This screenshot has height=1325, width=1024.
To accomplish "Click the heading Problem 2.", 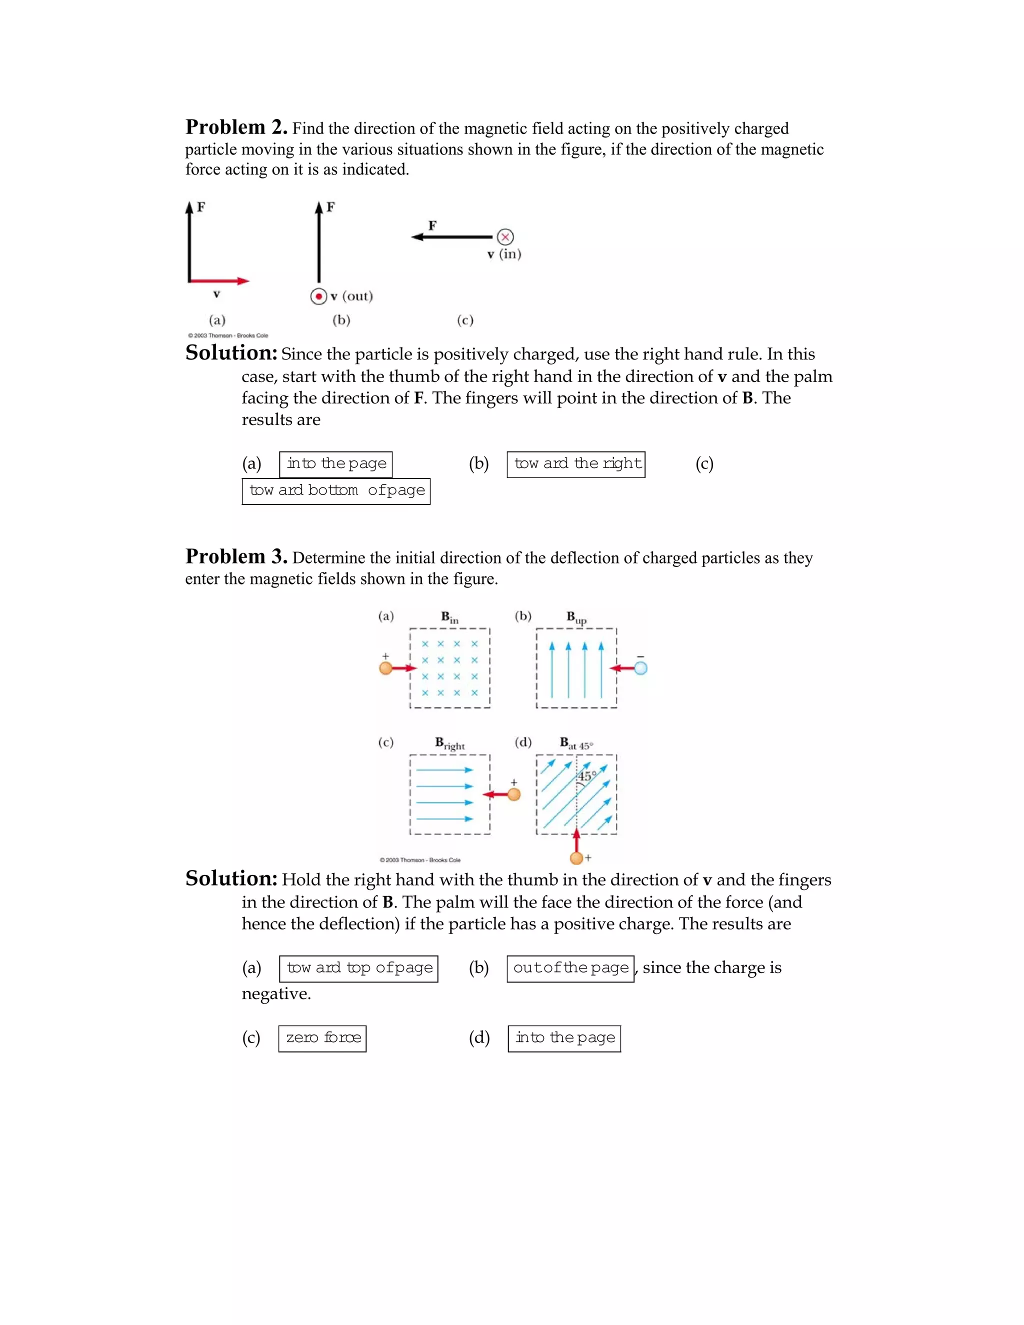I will tap(236, 127).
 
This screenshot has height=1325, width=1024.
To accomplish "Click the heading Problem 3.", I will tap(236, 556).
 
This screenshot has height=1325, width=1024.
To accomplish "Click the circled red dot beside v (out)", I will tap(318, 296).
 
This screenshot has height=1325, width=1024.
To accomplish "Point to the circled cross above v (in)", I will tap(504, 236).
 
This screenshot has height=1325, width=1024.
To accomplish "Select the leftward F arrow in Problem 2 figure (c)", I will tap(452, 236).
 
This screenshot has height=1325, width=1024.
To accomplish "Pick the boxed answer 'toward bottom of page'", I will tap(336, 491).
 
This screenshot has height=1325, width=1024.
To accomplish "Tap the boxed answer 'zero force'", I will tap(322, 1038).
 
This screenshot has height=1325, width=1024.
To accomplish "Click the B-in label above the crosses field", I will tap(449, 617).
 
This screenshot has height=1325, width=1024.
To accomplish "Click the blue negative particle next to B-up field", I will tap(640, 668).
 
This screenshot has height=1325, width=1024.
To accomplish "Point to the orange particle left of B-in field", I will tap(386, 668).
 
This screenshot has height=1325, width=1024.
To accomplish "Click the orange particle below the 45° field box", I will tap(576, 858).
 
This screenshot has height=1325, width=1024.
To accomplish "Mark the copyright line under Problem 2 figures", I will tap(227, 335).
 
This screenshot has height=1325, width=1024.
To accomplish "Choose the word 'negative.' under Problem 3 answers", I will tap(276, 994).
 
